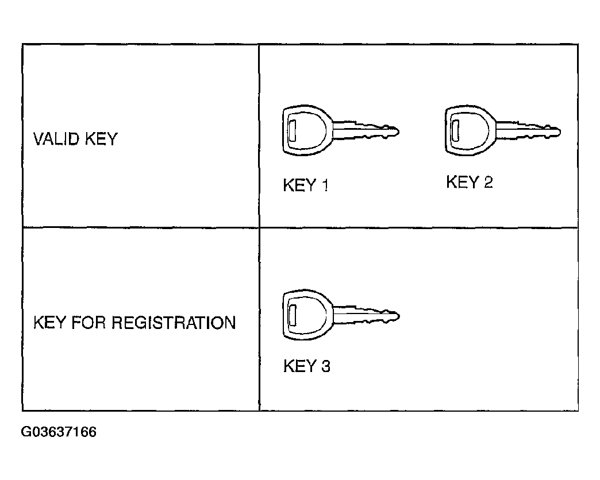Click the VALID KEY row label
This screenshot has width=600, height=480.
(x=75, y=139)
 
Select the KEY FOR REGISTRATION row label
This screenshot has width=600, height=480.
(x=134, y=323)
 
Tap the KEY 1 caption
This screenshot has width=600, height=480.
(x=306, y=185)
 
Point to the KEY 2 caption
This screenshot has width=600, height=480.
(x=469, y=183)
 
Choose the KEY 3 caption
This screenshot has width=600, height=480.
(x=307, y=366)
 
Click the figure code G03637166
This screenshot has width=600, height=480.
(x=59, y=432)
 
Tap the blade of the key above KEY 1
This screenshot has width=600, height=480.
(x=366, y=130)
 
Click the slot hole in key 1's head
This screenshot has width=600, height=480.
(x=291, y=131)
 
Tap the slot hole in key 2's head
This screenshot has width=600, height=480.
(x=455, y=130)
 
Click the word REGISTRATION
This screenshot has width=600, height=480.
(x=173, y=323)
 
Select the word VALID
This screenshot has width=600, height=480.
(x=53, y=139)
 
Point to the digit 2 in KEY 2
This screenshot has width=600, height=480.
(x=488, y=183)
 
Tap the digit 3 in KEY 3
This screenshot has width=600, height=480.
(x=325, y=366)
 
